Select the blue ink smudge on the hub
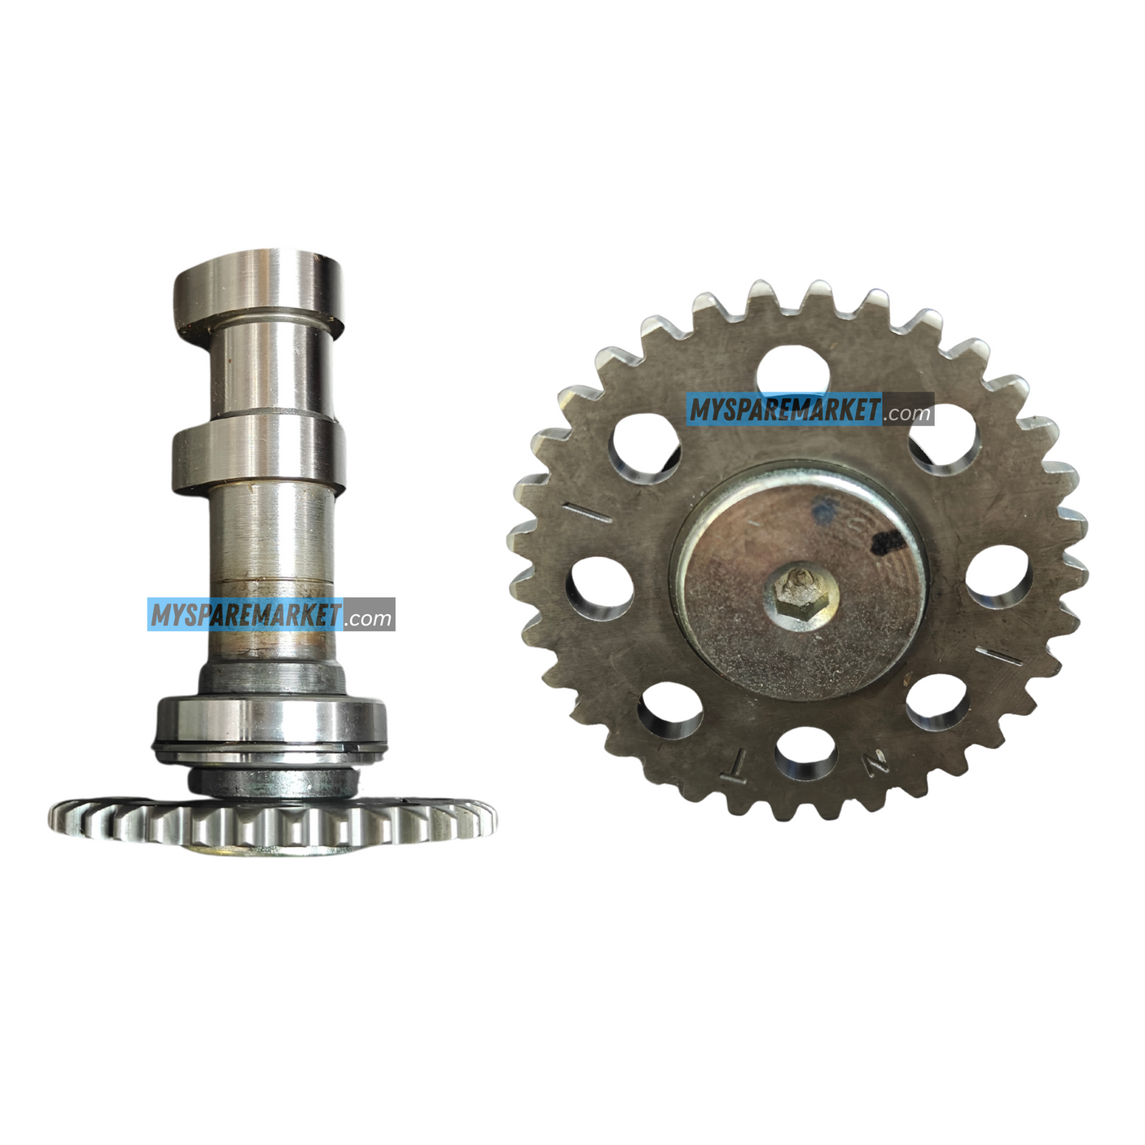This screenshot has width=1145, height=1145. [x=823, y=510]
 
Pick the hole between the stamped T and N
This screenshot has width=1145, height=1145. [x=806, y=754]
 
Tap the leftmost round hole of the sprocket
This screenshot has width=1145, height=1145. [x=599, y=587]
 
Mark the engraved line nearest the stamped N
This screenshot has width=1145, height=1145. [x=1003, y=656]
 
